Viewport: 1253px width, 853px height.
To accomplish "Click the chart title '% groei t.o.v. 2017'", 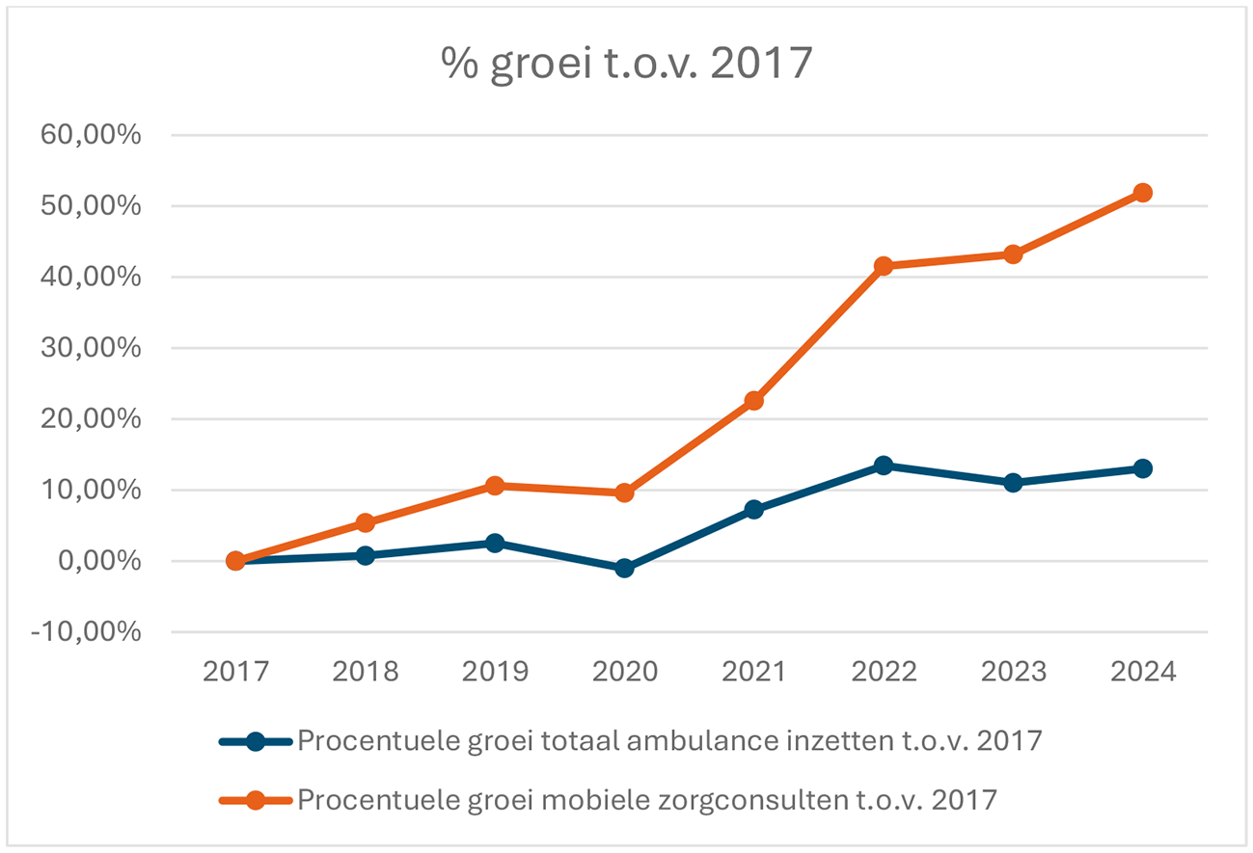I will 626,66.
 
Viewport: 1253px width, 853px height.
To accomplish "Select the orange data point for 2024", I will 1142,193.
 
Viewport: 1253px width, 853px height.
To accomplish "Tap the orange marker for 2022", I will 883,266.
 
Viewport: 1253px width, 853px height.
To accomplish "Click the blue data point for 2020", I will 624,569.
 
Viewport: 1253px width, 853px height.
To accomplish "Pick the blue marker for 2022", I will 883,466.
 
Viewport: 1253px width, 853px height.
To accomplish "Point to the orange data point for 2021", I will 753,401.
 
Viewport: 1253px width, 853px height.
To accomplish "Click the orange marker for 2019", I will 495,486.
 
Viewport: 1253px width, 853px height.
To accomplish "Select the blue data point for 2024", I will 1142,468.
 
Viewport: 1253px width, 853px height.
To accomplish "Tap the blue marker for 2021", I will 753,509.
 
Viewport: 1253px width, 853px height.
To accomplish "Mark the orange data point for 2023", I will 1013,254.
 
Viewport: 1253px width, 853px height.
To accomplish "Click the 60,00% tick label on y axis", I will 91,135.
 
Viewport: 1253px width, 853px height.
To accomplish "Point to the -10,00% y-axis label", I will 87,632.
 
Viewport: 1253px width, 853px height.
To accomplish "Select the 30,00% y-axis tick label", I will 91,348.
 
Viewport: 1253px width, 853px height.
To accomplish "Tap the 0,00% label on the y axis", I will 98,561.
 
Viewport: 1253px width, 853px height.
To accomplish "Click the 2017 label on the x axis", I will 235,672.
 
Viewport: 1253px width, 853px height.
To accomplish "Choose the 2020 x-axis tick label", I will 624,672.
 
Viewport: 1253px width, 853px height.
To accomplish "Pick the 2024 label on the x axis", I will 1142,672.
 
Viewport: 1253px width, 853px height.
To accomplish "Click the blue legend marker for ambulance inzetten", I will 256,741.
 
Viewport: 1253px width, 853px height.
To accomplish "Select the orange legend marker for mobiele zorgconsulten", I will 256,799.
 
